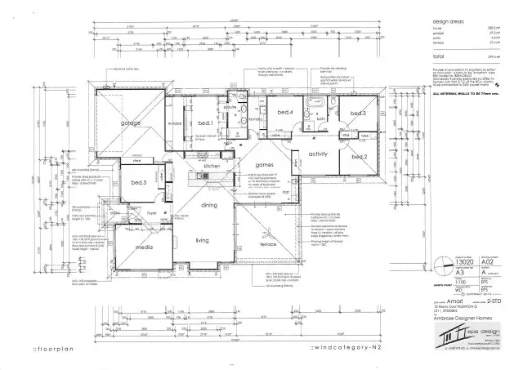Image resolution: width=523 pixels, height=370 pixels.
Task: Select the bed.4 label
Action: (x=284, y=113)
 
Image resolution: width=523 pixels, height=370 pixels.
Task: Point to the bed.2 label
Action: (x=360, y=155)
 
